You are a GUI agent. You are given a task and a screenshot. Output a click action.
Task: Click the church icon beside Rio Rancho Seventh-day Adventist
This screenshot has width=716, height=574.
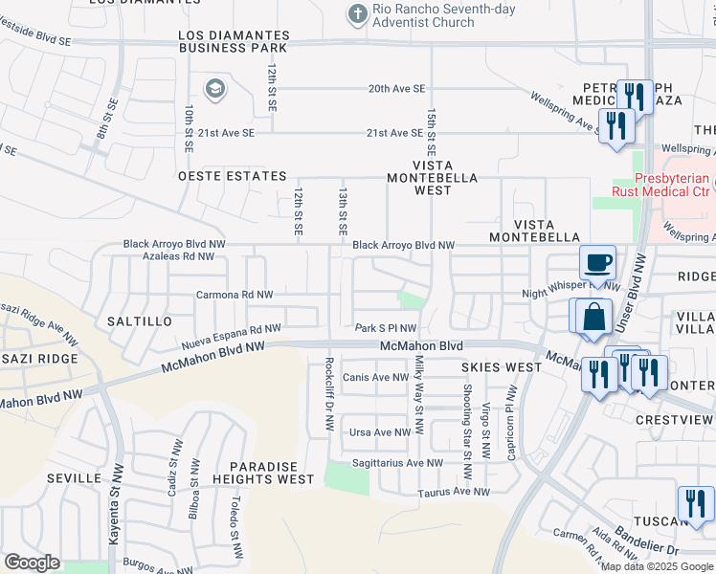pos(357,14)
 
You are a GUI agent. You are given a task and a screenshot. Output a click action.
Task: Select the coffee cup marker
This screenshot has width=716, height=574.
pos(598,262)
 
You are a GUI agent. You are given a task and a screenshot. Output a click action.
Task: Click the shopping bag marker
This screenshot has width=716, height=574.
pos(593,315)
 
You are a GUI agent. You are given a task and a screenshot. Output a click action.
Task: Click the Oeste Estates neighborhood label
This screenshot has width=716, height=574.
pos(232,177)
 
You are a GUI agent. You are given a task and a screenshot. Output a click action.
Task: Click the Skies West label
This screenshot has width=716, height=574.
pos(501,367)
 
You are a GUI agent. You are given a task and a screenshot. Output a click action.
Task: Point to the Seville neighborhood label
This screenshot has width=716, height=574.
pos(71,478)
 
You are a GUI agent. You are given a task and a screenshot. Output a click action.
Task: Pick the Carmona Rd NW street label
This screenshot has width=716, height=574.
pos(235,295)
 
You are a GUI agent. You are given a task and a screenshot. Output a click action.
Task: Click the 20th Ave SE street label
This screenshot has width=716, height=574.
pos(396,88)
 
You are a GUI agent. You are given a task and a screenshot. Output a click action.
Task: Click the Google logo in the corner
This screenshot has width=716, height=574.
pos(32,563)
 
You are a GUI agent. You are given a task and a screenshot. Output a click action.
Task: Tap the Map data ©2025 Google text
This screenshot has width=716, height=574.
pos(657,566)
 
